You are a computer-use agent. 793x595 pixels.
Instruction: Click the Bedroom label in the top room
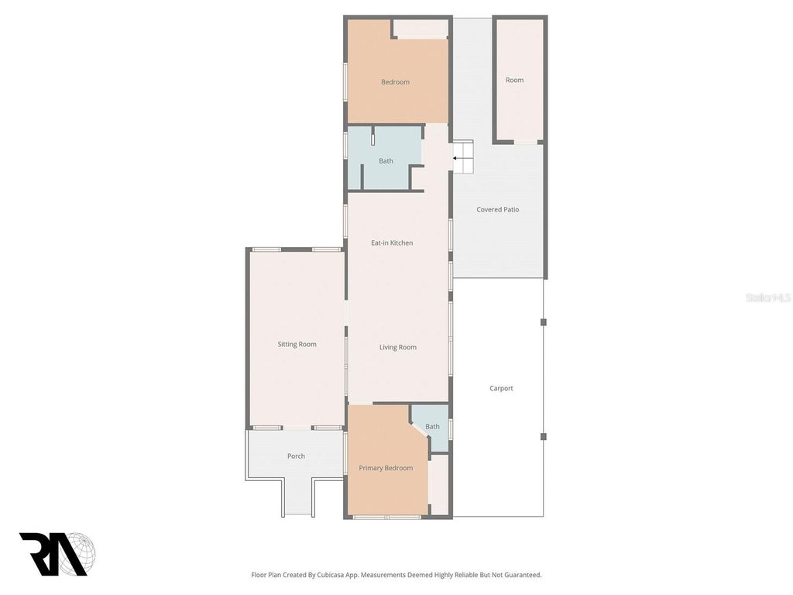395,82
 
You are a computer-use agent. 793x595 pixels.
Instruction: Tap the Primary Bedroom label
386,468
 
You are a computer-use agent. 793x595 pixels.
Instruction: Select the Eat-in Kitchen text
392,243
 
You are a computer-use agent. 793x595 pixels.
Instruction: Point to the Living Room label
397,348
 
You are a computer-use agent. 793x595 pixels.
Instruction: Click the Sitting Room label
297,345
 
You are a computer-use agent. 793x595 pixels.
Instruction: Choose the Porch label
296,456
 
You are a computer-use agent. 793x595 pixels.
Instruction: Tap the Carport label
501,389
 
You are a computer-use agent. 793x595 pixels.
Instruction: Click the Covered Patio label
497,210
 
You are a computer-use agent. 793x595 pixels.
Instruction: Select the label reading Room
514,81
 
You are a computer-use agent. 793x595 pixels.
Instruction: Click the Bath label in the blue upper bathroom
386,161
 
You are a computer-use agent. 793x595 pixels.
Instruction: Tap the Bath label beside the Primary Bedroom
432,427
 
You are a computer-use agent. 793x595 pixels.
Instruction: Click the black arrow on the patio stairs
456,158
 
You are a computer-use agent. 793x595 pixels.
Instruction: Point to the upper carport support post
544,322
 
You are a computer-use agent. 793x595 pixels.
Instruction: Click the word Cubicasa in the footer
357,575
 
